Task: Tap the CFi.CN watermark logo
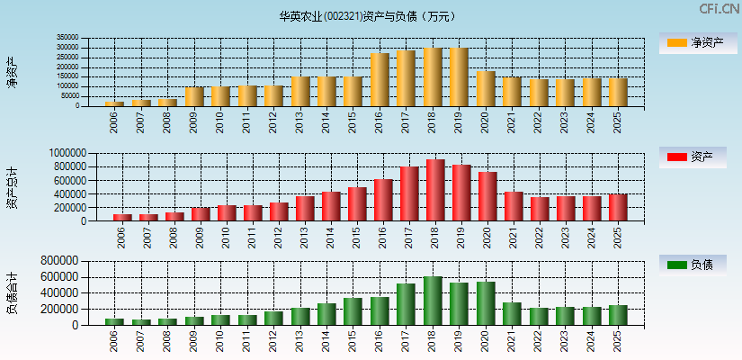click(719, 8)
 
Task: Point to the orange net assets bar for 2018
click(433, 77)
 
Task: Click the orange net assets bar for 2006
click(114, 103)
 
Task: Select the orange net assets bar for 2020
click(486, 88)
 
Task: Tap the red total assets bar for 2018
click(435, 190)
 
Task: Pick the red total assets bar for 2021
click(514, 206)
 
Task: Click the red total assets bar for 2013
click(305, 208)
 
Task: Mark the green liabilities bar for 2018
click(433, 301)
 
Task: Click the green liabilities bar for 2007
click(141, 321)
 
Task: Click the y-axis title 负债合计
click(12, 292)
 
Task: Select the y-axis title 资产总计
click(12, 187)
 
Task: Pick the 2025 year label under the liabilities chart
click(617, 339)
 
